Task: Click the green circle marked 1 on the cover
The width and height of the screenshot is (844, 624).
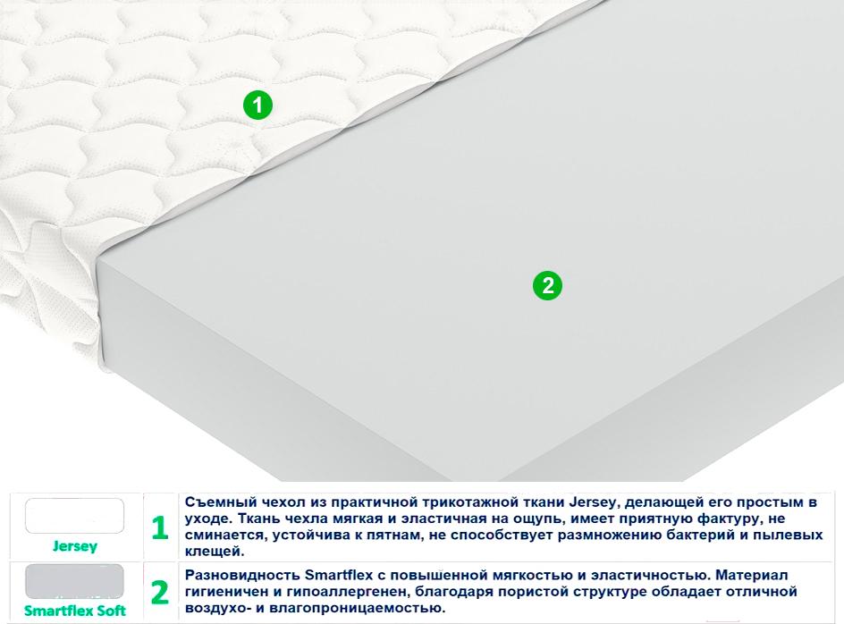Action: click(x=257, y=105)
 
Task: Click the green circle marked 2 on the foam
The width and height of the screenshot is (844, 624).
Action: click(x=547, y=285)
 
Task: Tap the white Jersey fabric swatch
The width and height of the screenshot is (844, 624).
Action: click(x=74, y=516)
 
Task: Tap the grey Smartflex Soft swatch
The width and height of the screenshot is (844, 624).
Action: click(x=74, y=581)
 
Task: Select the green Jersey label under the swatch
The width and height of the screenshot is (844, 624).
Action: click(x=75, y=546)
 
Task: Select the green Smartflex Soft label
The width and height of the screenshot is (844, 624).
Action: click(x=75, y=611)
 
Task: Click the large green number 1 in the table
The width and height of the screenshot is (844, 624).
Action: click(x=159, y=527)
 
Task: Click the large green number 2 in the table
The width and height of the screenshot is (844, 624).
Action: click(x=160, y=592)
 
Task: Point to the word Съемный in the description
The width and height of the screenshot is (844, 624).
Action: click(x=213, y=502)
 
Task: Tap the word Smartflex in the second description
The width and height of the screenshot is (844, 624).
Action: click(x=339, y=575)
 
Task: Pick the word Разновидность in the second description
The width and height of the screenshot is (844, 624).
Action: click(x=242, y=576)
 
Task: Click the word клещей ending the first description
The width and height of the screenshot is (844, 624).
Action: click(x=215, y=552)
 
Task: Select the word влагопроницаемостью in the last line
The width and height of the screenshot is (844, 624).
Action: click(x=353, y=609)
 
